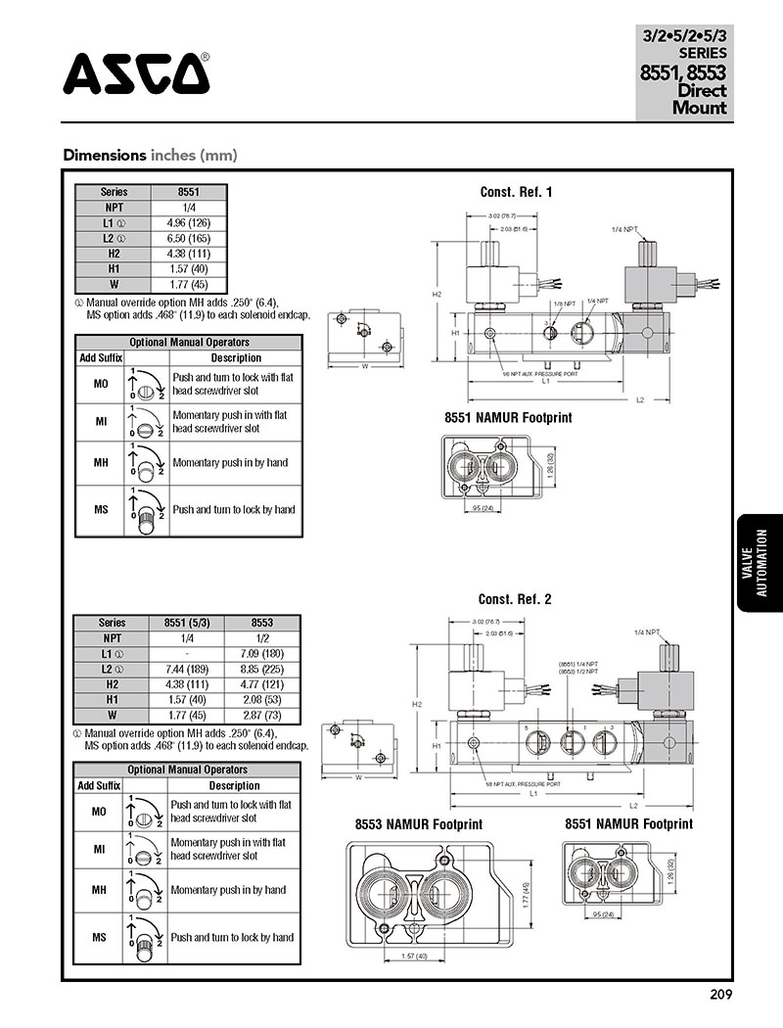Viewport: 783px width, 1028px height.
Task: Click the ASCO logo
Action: [136, 72]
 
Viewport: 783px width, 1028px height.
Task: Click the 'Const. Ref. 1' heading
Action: [516, 192]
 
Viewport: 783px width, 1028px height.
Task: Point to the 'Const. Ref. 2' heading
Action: [514, 599]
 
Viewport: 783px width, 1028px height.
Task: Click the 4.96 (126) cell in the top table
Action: [188, 224]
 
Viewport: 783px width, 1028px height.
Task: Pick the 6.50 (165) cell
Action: [188, 239]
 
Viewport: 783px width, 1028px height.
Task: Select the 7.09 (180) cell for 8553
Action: [261, 653]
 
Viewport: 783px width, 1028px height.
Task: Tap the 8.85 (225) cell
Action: [261, 669]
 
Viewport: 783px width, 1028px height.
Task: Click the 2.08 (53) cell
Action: [261, 699]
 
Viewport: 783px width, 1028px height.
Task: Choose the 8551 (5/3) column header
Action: [187, 623]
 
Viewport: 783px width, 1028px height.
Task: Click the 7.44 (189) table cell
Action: [187, 669]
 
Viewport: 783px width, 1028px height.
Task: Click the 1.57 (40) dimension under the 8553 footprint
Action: [413, 956]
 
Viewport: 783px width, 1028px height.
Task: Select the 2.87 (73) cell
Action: [261, 715]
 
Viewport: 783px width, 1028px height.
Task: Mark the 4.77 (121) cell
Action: [261, 684]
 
